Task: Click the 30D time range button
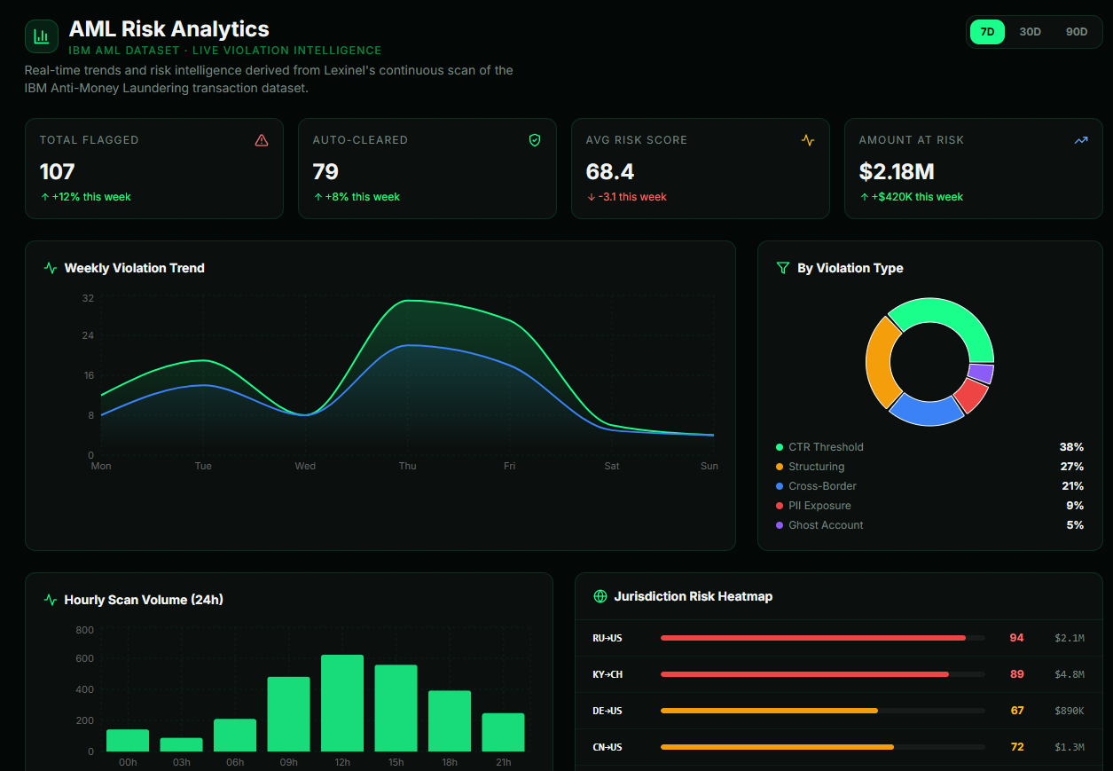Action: (x=1030, y=32)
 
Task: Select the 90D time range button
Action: (x=1076, y=32)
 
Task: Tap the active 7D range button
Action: (x=987, y=32)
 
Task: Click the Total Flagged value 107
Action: (x=58, y=171)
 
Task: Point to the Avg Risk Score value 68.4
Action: (x=610, y=171)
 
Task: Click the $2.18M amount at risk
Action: (x=897, y=171)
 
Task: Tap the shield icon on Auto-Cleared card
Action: (x=534, y=140)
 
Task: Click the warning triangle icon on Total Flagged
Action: (x=261, y=140)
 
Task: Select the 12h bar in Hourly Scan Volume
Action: (x=342, y=703)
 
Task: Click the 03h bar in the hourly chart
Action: (x=181, y=744)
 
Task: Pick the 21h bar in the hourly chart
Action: (x=503, y=732)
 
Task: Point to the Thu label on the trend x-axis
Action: (x=407, y=466)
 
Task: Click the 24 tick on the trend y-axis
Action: (x=88, y=335)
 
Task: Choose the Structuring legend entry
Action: (x=816, y=467)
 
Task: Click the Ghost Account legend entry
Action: (x=825, y=525)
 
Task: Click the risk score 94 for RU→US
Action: (x=1016, y=638)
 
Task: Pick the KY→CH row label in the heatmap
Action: (x=607, y=674)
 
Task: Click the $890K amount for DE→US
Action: (x=1069, y=711)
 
